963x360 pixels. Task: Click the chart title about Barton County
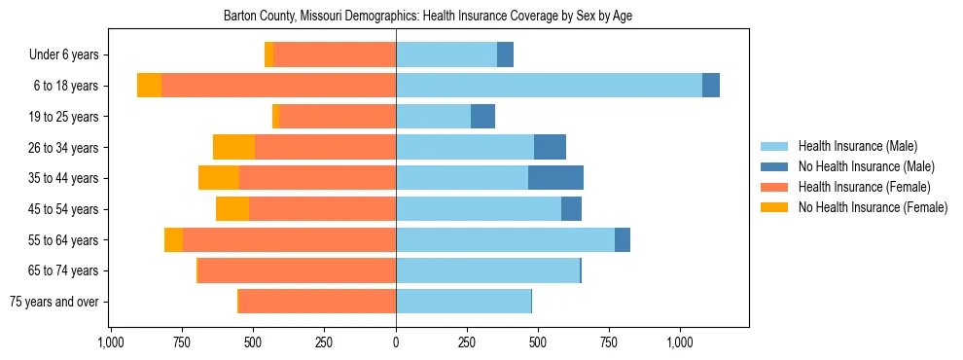(x=429, y=17)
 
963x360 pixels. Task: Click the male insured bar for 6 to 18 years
(x=549, y=86)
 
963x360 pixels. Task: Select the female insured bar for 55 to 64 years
(x=289, y=240)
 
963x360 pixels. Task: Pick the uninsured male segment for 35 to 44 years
(x=555, y=178)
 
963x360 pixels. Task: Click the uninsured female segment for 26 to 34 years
(x=233, y=147)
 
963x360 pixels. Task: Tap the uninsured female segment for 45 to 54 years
(x=232, y=209)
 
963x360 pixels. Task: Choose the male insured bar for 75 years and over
(x=463, y=302)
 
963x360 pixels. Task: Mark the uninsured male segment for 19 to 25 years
(x=482, y=117)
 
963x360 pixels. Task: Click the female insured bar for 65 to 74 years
(x=297, y=270)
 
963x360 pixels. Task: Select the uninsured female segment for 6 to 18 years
(x=149, y=86)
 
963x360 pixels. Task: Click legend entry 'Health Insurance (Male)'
(x=857, y=146)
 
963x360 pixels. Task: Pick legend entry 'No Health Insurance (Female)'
(x=873, y=207)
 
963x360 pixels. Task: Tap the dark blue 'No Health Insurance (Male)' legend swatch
(x=774, y=166)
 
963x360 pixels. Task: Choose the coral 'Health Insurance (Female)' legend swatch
(x=774, y=187)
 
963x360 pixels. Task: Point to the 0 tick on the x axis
(x=396, y=342)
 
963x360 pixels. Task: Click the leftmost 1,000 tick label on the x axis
(x=111, y=342)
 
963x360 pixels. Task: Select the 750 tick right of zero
(x=609, y=342)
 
